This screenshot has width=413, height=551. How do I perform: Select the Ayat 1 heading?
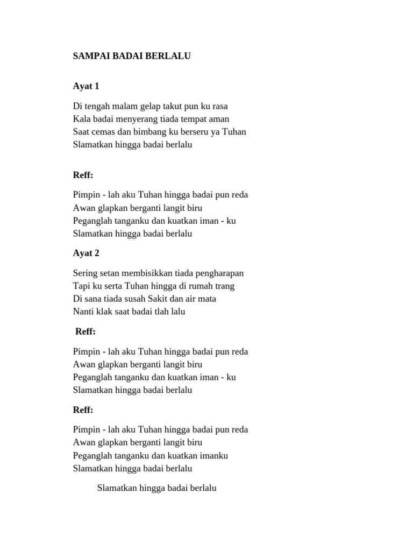pos(86,86)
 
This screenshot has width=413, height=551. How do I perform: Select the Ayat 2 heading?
pos(86,253)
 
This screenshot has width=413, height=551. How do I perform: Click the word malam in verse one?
pos(125,107)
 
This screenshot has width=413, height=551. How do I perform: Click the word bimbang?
pos(146,132)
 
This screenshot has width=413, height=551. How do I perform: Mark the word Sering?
pos(85,273)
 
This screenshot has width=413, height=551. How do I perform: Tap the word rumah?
pos(203,286)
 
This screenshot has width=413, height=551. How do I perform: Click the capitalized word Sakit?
pos(173,299)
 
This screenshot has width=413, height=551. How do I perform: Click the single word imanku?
pos(213,456)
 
